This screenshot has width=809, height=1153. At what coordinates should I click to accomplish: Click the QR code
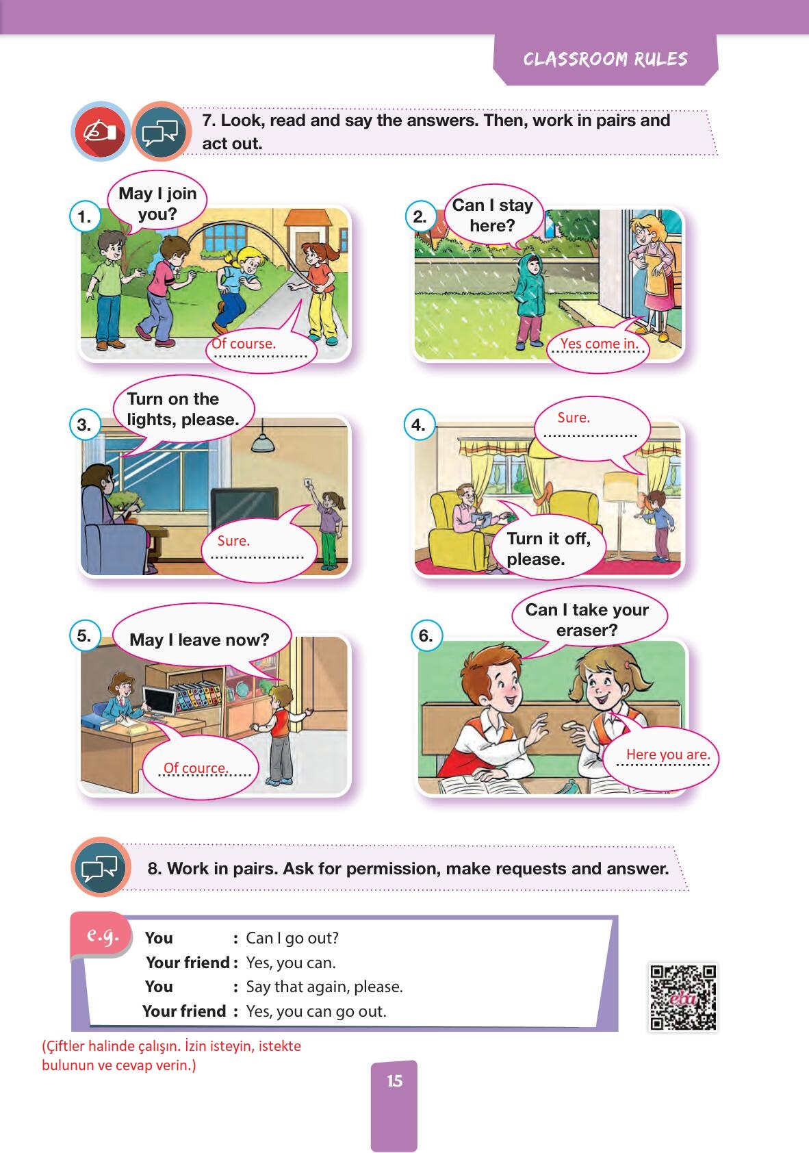click(x=683, y=998)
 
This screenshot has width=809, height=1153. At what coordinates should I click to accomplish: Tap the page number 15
click(x=395, y=1081)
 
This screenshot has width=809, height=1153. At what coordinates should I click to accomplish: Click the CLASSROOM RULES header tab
click(x=605, y=59)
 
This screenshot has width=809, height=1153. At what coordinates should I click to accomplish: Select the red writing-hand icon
click(x=101, y=131)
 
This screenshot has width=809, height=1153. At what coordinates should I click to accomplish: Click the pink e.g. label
click(x=102, y=935)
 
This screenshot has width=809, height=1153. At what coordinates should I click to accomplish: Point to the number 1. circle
click(x=85, y=217)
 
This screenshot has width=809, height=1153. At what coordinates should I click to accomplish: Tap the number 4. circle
click(x=419, y=425)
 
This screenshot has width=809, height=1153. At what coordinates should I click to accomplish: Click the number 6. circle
click(x=426, y=635)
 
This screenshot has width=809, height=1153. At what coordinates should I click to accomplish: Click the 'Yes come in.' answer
click(x=598, y=343)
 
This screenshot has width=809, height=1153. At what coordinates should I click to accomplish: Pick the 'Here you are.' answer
click(x=668, y=754)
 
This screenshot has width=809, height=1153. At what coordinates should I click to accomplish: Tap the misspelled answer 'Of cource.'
click(x=196, y=768)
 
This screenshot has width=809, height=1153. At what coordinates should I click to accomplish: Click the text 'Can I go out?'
click(x=292, y=938)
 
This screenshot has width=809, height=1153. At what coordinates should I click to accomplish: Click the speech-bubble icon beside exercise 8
click(x=101, y=867)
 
